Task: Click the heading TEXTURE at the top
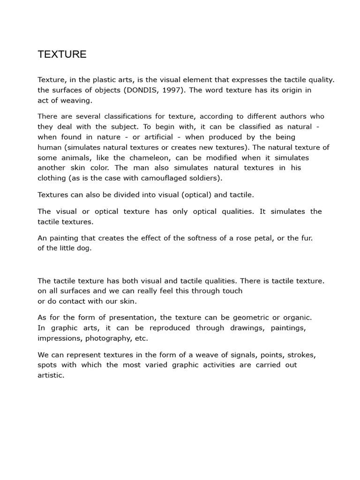point(62,54)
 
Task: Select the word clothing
point(52,178)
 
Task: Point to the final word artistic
point(50,375)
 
